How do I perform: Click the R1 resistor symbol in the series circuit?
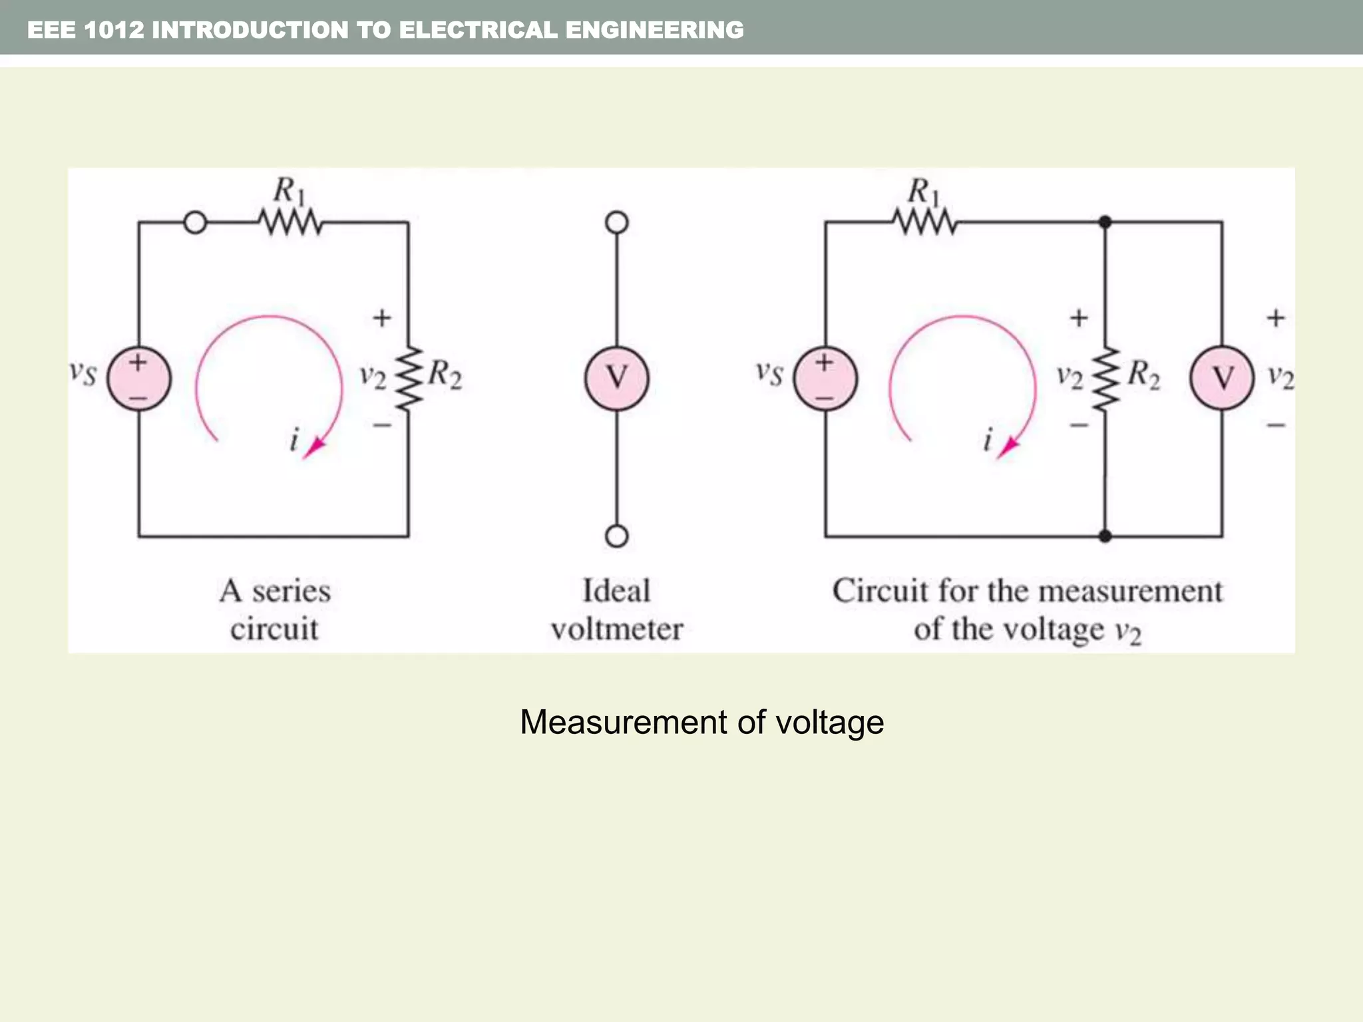click(290, 222)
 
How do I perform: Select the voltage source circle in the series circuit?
click(139, 379)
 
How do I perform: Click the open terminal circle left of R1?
click(195, 222)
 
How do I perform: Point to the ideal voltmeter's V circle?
click(616, 378)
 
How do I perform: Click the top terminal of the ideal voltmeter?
click(616, 222)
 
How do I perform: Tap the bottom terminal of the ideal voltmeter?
click(616, 536)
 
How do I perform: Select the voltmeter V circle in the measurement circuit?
click(1222, 378)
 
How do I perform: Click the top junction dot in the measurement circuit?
click(1105, 222)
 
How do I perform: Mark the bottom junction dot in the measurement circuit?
click(1105, 536)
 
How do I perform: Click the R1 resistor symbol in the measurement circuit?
click(925, 222)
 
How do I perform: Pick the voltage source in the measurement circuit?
click(825, 379)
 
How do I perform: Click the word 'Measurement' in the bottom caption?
click(622, 723)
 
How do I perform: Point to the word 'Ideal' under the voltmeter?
click(616, 591)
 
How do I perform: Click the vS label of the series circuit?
click(84, 373)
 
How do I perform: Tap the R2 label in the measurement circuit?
click(1143, 375)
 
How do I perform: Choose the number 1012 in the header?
click(114, 30)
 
